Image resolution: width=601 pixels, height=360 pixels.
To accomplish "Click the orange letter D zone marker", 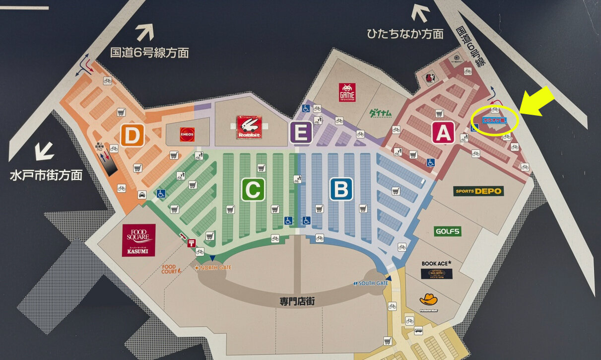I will pyautogui.click(x=132, y=135).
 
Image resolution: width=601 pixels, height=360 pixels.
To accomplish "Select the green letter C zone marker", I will pyautogui.click(x=253, y=189).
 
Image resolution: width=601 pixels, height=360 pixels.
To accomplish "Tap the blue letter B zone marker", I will pyautogui.click(x=341, y=189).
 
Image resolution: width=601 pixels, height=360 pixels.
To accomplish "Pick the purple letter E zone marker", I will pyautogui.click(x=301, y=133).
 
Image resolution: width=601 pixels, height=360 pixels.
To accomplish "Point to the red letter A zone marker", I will pyautogui.click(x=443, y=132).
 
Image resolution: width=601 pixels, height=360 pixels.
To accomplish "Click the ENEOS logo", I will pyautogui.click(x=187, y=134).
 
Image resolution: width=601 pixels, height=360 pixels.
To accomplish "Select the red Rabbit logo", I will pyautogui.click(x=249, y=127).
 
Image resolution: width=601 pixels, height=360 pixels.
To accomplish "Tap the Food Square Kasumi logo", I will pyautogui.click(x=138, y=240).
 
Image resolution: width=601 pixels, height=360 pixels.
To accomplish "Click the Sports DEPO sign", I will pyautogui.click(x=478, y=191).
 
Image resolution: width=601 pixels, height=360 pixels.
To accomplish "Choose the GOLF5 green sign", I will pyautogui.click(x=448, y=231).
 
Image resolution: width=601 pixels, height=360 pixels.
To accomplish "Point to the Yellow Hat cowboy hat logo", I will pyautogui.click(x=428, y=300).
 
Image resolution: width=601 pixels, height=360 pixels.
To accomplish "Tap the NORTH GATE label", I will pyautogui.click(x=213, y=268).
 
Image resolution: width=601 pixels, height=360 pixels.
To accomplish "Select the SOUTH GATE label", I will pyautogui.click(x=371, y=283).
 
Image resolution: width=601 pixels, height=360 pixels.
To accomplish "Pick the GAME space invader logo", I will pyautogui.click(x=347, y=92).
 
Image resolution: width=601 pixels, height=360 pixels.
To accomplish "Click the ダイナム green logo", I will pyautogui.click(x=381, y=113).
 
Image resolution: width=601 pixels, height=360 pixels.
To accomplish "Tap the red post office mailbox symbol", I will pyautogui.click(x=191, y=243).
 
